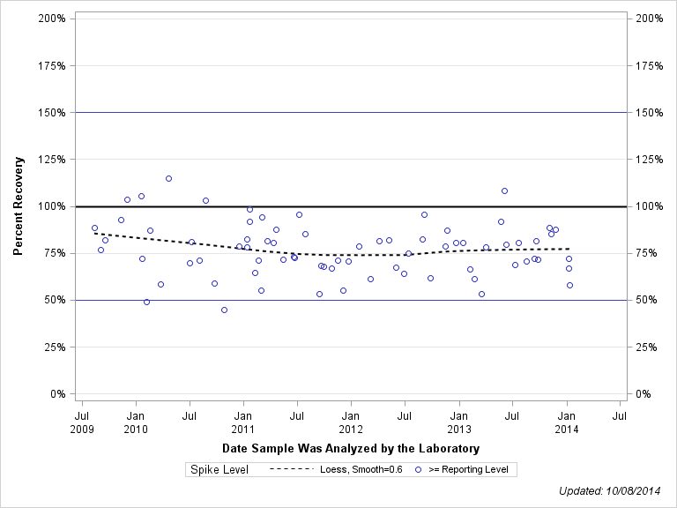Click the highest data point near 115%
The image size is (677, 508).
pos(168,178)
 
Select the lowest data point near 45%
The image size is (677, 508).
pos(224,310)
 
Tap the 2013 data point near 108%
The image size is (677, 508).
pos(504,190)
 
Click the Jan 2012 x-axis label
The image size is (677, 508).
pos(351,422)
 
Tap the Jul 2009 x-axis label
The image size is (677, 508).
pos(82,422)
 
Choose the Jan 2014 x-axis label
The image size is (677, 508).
pos(567,422)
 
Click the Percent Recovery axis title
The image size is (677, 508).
pos(19,206)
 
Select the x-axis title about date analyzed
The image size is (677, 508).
pos(351,449)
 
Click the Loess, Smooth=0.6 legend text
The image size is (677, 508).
pos(361,469)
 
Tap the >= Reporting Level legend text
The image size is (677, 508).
pos(468,469)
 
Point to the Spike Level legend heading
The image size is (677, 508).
pos(219,469)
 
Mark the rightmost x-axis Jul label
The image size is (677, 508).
pos(620,415)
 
